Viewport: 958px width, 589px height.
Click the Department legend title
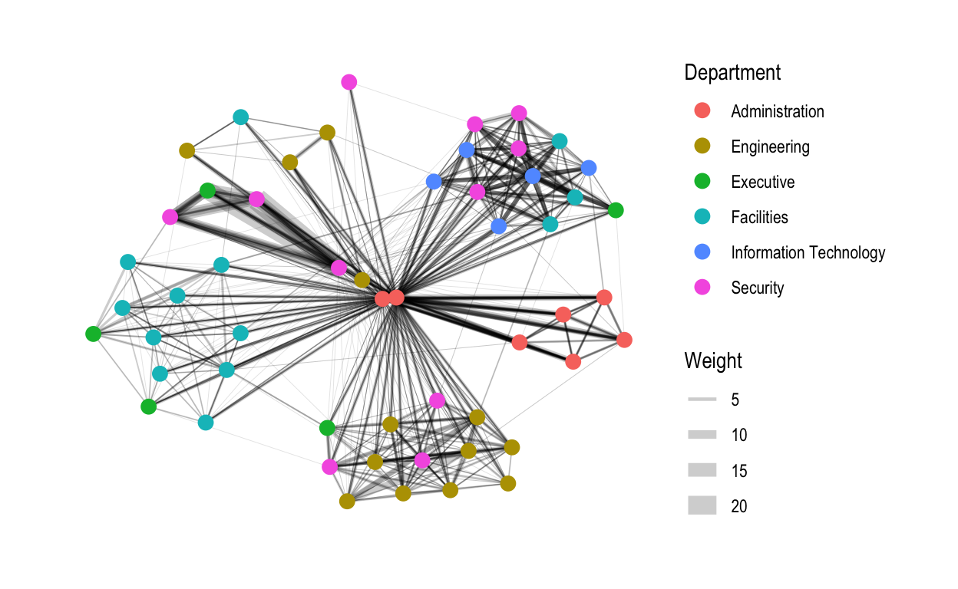tap(732, 72)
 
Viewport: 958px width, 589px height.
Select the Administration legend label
tap(777, 111)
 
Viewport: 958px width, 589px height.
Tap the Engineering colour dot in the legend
tap(702, 146)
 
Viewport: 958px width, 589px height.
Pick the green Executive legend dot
tap(702, 181)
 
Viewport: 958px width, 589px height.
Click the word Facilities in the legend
tap(759, 217)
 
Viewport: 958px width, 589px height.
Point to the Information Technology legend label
tap(808, 252)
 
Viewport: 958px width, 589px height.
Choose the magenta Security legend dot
tap(702, 288)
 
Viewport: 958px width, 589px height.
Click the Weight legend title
tap(713, 360)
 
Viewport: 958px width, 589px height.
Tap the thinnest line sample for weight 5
tap(702, 400)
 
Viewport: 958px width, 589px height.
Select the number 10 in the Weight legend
tap(739, 435)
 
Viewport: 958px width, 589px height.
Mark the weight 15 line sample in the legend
tap(702, 470)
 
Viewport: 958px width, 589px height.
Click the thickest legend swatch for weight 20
tap(702, 505)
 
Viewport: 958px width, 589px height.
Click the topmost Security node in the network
tap(349, 82)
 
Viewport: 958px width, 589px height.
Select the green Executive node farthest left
tap(93, 334)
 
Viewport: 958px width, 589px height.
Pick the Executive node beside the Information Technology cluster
tap(616, 210)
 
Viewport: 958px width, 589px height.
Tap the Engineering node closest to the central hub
tap(362, 281)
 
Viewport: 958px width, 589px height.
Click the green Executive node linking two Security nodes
tap(207, 191)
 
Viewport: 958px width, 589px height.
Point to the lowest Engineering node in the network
tap(347, 502)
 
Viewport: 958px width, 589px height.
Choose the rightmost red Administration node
tap(624, 341)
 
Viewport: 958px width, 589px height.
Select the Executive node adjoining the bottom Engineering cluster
tap(327, 428)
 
